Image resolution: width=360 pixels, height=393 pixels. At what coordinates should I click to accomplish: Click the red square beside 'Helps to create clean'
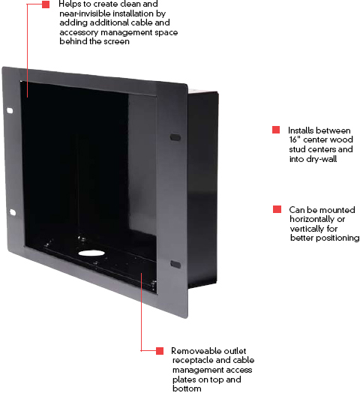click(46, 4)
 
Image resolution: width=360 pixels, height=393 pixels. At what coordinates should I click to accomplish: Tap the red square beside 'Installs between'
click(276, 130)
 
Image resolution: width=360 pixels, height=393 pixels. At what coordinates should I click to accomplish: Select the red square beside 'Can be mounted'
click(277, 209)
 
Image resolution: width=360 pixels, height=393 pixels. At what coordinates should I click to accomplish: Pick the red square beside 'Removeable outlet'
click(160, 351)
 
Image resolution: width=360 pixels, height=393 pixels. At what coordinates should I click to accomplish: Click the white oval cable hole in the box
click(91, 253)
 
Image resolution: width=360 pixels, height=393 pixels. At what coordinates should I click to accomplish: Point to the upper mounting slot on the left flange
click(10, 110)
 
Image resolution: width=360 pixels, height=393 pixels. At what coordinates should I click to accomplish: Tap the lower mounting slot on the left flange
click(13, 212)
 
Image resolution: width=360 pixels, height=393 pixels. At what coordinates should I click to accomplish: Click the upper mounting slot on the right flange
click(175, 137)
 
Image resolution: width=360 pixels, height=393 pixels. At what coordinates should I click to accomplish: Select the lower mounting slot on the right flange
click(175, 264)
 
